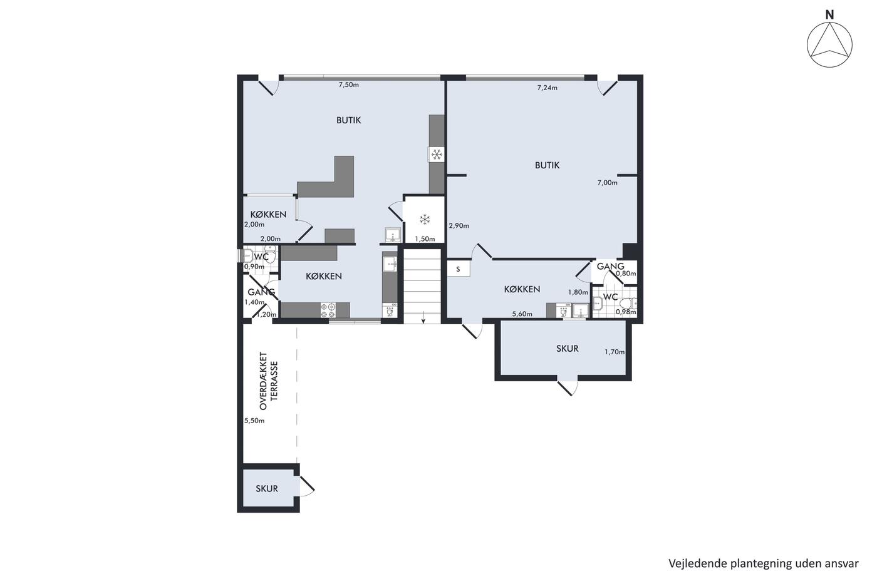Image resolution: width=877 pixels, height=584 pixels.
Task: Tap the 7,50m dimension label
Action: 348,85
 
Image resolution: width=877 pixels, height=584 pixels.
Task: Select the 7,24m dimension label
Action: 547,88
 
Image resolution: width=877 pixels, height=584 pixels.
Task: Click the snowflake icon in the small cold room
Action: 425,220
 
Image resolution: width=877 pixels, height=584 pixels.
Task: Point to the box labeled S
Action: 458,269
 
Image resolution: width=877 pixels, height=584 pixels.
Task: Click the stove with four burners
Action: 328,310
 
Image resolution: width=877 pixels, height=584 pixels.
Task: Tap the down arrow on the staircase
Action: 423,317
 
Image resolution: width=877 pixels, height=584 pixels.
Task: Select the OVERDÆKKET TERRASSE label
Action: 269,381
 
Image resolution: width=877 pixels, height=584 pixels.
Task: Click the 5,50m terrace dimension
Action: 254,421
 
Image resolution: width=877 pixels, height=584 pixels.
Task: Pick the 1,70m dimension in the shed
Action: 615,352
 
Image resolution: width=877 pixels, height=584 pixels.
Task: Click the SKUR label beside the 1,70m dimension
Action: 568,348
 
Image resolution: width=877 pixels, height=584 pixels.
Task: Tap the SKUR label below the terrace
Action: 267,488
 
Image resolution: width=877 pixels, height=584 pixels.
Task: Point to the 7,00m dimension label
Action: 607,183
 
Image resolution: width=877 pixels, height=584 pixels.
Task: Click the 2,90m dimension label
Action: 459,226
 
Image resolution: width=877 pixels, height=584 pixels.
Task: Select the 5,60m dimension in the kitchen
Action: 522,314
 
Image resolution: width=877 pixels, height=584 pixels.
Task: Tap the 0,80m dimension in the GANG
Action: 626,274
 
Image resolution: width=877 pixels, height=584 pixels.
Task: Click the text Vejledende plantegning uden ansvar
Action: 764,563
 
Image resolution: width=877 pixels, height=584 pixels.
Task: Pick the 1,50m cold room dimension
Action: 425,239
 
